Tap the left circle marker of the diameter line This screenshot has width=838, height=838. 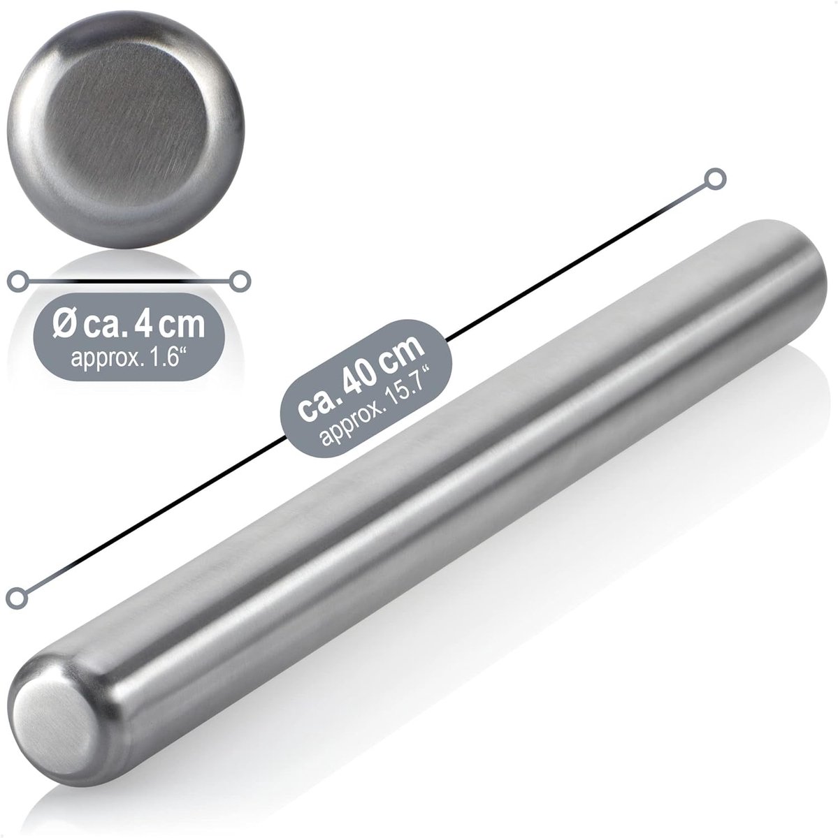18,281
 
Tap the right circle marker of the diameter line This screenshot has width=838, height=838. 240,281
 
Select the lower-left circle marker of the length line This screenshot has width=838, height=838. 17,598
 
